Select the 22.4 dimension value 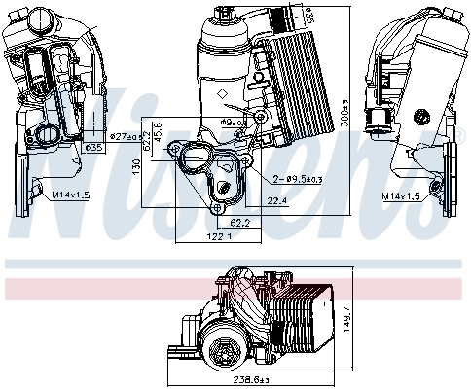click(277, 202)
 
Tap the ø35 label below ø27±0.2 click(94, 148)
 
